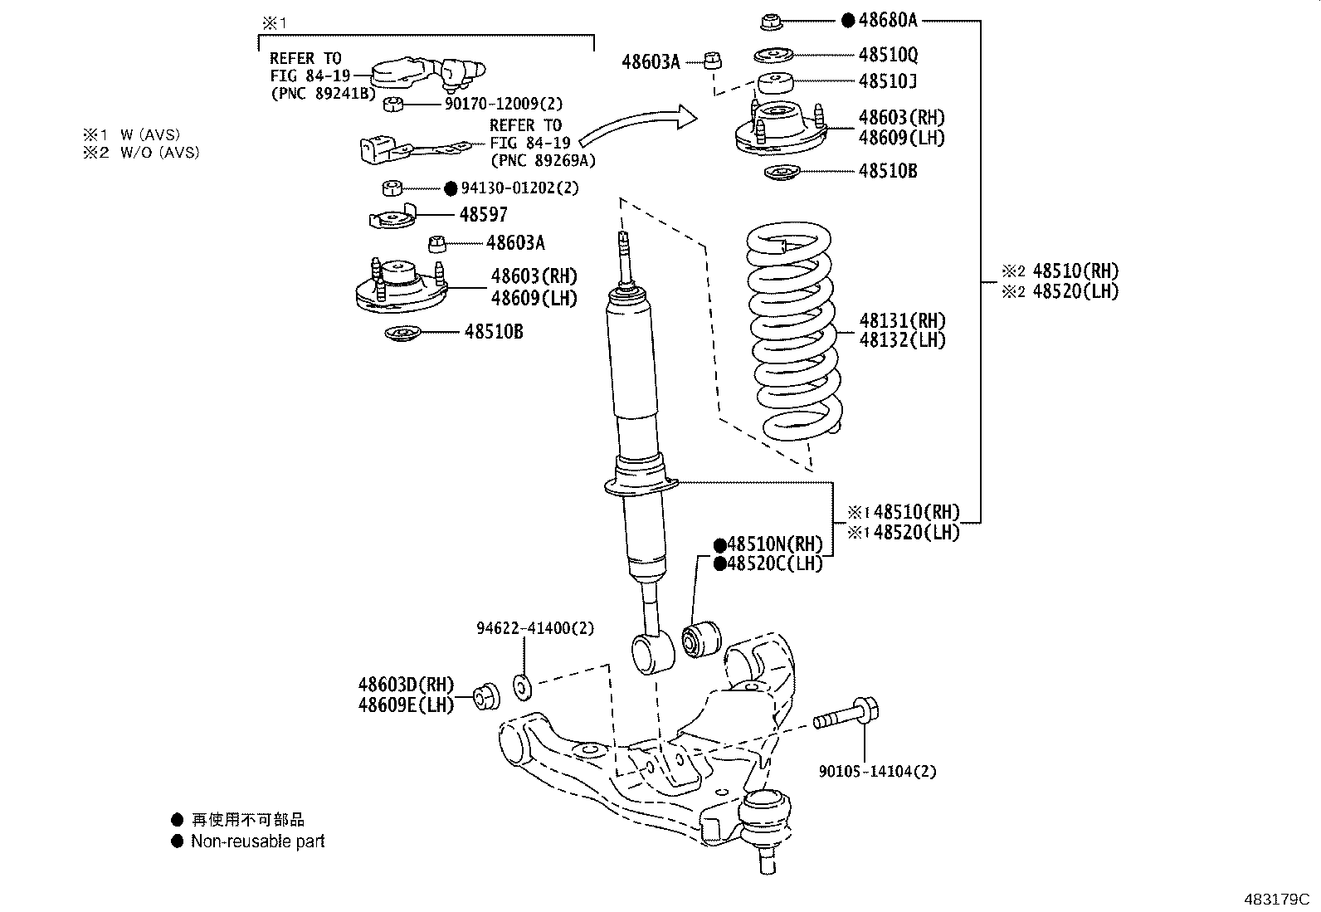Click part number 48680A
pyautogui.click(x=888, y=21)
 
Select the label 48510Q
pyautogui.click(x=888, y=55)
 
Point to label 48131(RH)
pyautogui.click(x=902, y=320)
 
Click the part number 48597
pyautogui.click(x=483, y=214)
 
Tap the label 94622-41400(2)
pyautogui.click(x=535, y=628)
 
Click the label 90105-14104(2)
pyautogui.click(x=877, y=771)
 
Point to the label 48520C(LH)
pyautogui.click(x=775, y=563)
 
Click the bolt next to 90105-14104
pyautogui.click(x=846, y=715)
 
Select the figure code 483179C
pyautogui.click(x=1275, y=899)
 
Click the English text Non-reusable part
pyautogui.click(x=257, y=841)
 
